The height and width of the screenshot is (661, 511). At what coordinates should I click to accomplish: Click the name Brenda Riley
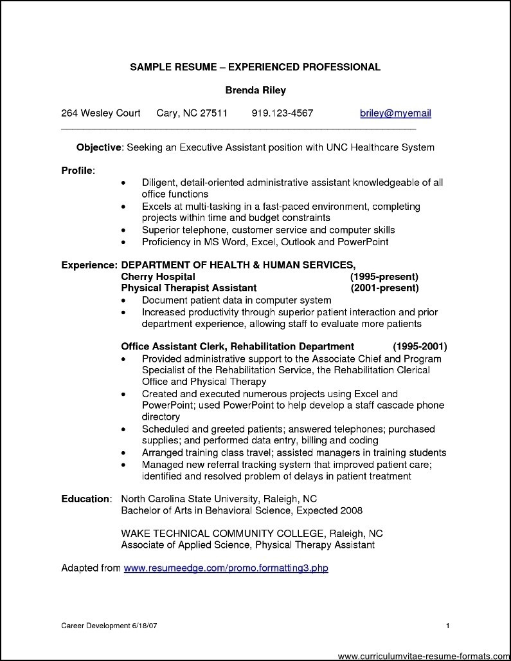pyautogui.click(x=255, y=90)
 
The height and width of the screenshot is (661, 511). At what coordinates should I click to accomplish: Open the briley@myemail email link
pyautogui.click(x=395, y=113)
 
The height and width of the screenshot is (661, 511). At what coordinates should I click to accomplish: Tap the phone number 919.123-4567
pyautogui.click(x=282, y=113)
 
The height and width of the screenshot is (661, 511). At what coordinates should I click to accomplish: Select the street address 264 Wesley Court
pyautogui.click(x=101, y=113)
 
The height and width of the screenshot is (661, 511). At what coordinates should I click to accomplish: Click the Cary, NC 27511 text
pyautogui.click(x=192, y=113)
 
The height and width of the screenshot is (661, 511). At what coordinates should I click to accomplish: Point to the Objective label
pyautogui.click(x=99, y=147)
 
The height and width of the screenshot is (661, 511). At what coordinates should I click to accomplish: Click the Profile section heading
pyautogui.click(x=78, y=171)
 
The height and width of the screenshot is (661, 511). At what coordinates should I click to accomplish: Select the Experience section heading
pyautogui.click(x=89, y=265)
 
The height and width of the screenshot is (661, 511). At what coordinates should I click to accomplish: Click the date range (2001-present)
pyautogui.click(x=384, y=288)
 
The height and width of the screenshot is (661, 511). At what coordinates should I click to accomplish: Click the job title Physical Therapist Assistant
pyautogui.click(x=189, y=288)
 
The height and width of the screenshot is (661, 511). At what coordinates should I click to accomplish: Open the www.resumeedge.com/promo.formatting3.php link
pyautogui.click(x=226, y=568)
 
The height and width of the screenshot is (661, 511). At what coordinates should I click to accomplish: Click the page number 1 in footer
pyautogui.click(x=447, y=626)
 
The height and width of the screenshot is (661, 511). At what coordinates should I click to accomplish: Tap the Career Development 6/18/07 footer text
pyautogui.click(x=100, y=626)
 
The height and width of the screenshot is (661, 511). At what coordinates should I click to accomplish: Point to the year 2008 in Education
pyautogui.click(x=352, y=510)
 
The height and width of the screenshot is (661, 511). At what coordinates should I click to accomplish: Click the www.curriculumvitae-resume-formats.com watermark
pyautogui.click(x=423, y=655)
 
